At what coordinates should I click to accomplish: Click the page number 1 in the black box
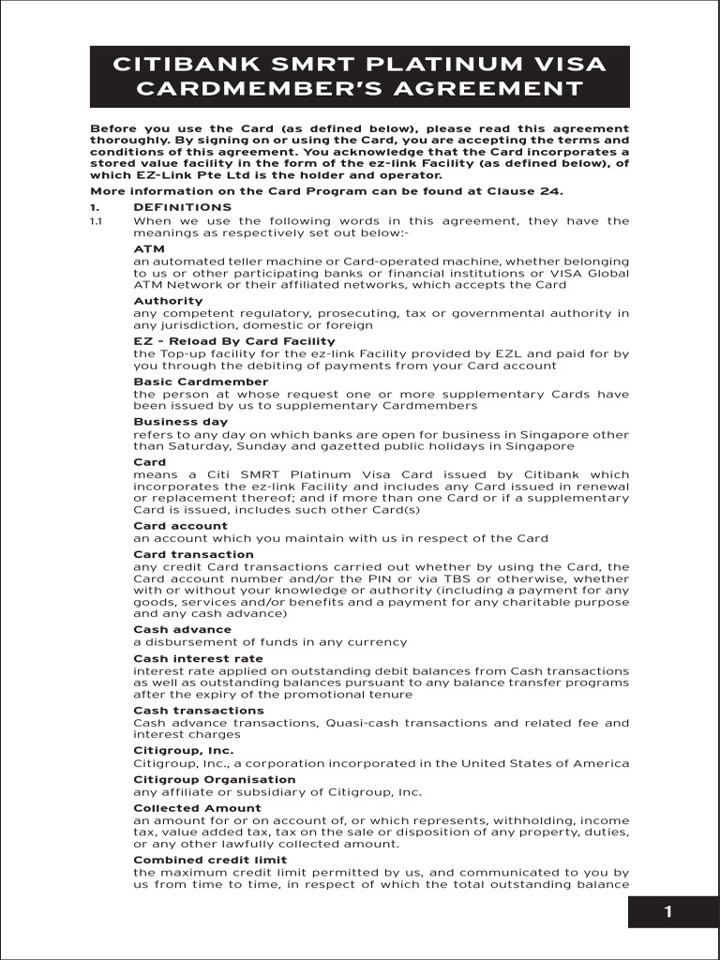(667, 913)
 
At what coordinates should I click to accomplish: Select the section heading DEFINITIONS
(182, 207)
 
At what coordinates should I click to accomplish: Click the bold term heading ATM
(149, 248)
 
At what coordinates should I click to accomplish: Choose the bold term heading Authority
(168, 301)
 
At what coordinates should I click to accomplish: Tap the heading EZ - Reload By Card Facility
(233, 341)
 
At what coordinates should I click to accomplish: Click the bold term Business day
(180, 422)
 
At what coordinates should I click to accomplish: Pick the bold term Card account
(180, 526)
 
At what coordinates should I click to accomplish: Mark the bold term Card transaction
(193, 554)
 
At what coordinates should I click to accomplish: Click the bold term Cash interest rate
(198, 658)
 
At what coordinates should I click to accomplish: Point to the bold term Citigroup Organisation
(214, 779)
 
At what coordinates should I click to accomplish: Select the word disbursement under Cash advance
(186, 642)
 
